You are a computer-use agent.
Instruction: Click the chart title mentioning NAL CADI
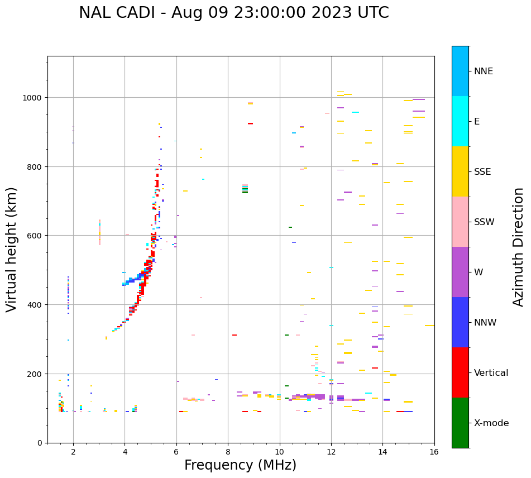click(x=233, y=13)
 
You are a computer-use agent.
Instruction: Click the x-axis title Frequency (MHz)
click(x=240, y=465)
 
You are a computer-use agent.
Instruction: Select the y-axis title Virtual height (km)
click(x=12, y=249)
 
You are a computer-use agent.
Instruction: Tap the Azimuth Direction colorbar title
click(x=519, y=247)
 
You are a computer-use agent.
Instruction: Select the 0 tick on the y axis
click(x=40, y=443)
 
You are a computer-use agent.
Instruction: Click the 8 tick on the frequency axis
click(x=228, y=452)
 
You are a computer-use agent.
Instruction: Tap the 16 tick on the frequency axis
click(x=434, y=452)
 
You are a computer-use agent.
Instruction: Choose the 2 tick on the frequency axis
click(x=73, y=452)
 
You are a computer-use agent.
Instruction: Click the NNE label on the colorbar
click(x=484, y=71)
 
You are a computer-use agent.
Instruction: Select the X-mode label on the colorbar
click(x=491, y=423)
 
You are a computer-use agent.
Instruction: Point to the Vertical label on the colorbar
click(x=491, y=373)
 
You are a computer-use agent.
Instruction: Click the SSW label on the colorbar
click(x=484, y=222)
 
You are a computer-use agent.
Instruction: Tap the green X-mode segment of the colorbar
click(x=460, y=423)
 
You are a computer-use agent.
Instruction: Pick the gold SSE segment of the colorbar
click(x=460, y=171)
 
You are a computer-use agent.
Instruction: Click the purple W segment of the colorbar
click(x=460, y=272)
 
